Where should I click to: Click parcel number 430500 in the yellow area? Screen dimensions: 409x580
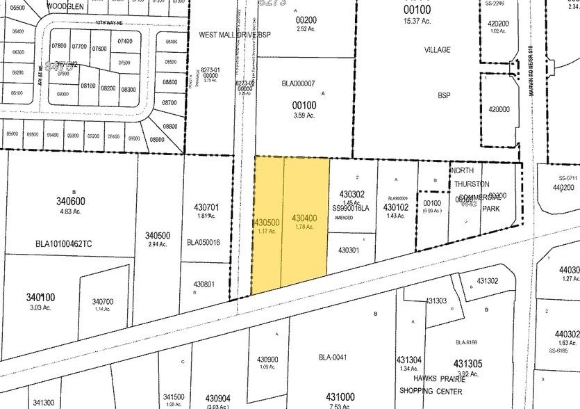267,222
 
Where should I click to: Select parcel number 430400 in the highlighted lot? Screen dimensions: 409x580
305,218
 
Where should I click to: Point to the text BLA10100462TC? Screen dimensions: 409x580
63,244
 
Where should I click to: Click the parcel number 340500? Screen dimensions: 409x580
158,235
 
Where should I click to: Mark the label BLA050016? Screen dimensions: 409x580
204,243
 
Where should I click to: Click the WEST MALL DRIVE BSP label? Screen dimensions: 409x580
235,33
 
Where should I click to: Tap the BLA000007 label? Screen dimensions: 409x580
298,83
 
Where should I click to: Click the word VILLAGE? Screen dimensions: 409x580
438,50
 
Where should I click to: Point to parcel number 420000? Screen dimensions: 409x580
499,109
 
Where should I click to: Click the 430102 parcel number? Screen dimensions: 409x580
395,207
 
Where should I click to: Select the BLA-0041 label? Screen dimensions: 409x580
333,358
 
